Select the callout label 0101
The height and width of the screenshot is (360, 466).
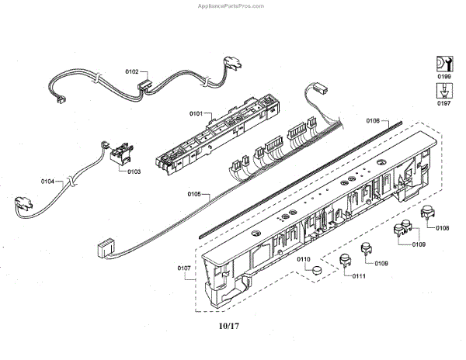[195, 114]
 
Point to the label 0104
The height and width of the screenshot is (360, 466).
[48, 181]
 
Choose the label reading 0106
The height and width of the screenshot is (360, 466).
[373, 121]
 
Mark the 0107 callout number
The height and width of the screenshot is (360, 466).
[184, 268]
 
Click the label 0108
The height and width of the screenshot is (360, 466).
[442, 227]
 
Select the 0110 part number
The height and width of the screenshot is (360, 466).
[304, 258]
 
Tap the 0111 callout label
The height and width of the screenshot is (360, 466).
[359, 276]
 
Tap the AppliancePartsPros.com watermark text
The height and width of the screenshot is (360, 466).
[423, 5]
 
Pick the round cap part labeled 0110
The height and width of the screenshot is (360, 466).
[316, 270]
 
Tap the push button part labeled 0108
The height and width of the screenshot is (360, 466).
[426, 215]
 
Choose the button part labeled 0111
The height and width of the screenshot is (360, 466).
[345, 260]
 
